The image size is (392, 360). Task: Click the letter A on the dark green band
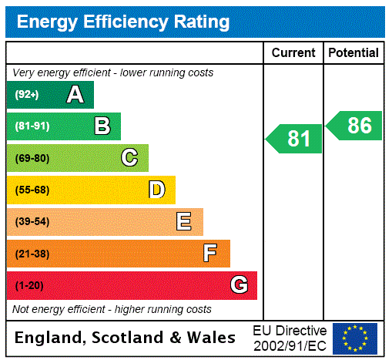pyautogui.click(x=75, y=95)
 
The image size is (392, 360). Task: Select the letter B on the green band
pyautogui.click(x=102, y=126)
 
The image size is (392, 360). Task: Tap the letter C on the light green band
pyautogui.click(x=129, y=158)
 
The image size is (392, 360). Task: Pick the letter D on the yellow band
pyautogui.click(x=157, y=190)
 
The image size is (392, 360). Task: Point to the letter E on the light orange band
pyautogui.click(x=184, y=222)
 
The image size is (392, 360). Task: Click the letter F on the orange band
pyautogui.click(x=210, y=253)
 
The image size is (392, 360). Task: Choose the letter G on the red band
pyautogui.click(x=240, y=285)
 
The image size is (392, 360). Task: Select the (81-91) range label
pyautogui.click(x=32, y=126)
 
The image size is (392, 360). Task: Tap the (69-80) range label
pyautogui.click(x=32, y=158)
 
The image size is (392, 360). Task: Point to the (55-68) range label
pyautogui.click(x=32, y=190)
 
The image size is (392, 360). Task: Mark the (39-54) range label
pyautogui.click(x=32, y=222)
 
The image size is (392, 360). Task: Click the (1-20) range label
pyautogui.click(x=29, y=286)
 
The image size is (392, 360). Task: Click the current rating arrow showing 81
pyautogui.click(x=294, y=139)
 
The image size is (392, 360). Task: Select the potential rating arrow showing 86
pyautogui.click(x=354, y=126)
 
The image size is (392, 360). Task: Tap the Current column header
pyautogui.click(x=293, y=53)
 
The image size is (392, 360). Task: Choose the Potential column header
pyautogui.click(x=353, y=53)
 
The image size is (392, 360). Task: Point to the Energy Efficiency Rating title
pyautogui.click(x=123, y=22)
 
